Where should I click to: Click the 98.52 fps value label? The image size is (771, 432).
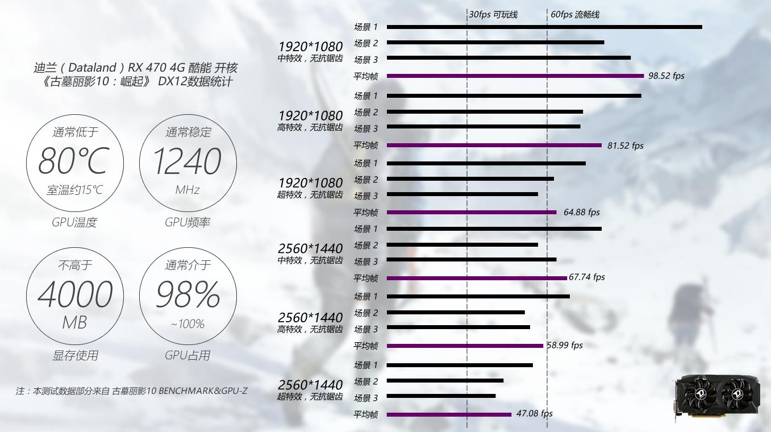(666, 76)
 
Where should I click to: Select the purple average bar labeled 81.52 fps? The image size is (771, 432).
(494, 145)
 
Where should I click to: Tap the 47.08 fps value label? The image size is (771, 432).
(534, 414)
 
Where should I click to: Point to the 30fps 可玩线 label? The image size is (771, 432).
(493, 14)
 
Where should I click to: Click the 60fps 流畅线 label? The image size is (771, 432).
(574, 14)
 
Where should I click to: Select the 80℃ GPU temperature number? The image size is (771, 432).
(73, 161)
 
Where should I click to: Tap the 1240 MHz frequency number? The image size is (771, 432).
(187, 161)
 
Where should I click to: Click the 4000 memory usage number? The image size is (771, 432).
(74, 294)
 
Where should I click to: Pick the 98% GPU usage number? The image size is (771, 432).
(187, 294)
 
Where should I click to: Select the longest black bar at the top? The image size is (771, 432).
(544, 27)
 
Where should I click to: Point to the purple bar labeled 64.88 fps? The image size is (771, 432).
(472, 212)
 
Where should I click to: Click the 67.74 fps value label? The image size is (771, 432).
(587, 277)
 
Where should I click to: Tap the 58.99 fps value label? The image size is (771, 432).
(565, 345)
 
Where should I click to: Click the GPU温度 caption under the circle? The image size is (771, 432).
(74, 222)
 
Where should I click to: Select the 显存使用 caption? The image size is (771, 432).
(75, 355)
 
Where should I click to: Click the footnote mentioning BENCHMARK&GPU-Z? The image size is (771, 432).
(131, 391)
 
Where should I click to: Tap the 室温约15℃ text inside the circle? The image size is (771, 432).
(74, 190)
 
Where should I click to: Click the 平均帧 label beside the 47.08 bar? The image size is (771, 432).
(365, 415)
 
